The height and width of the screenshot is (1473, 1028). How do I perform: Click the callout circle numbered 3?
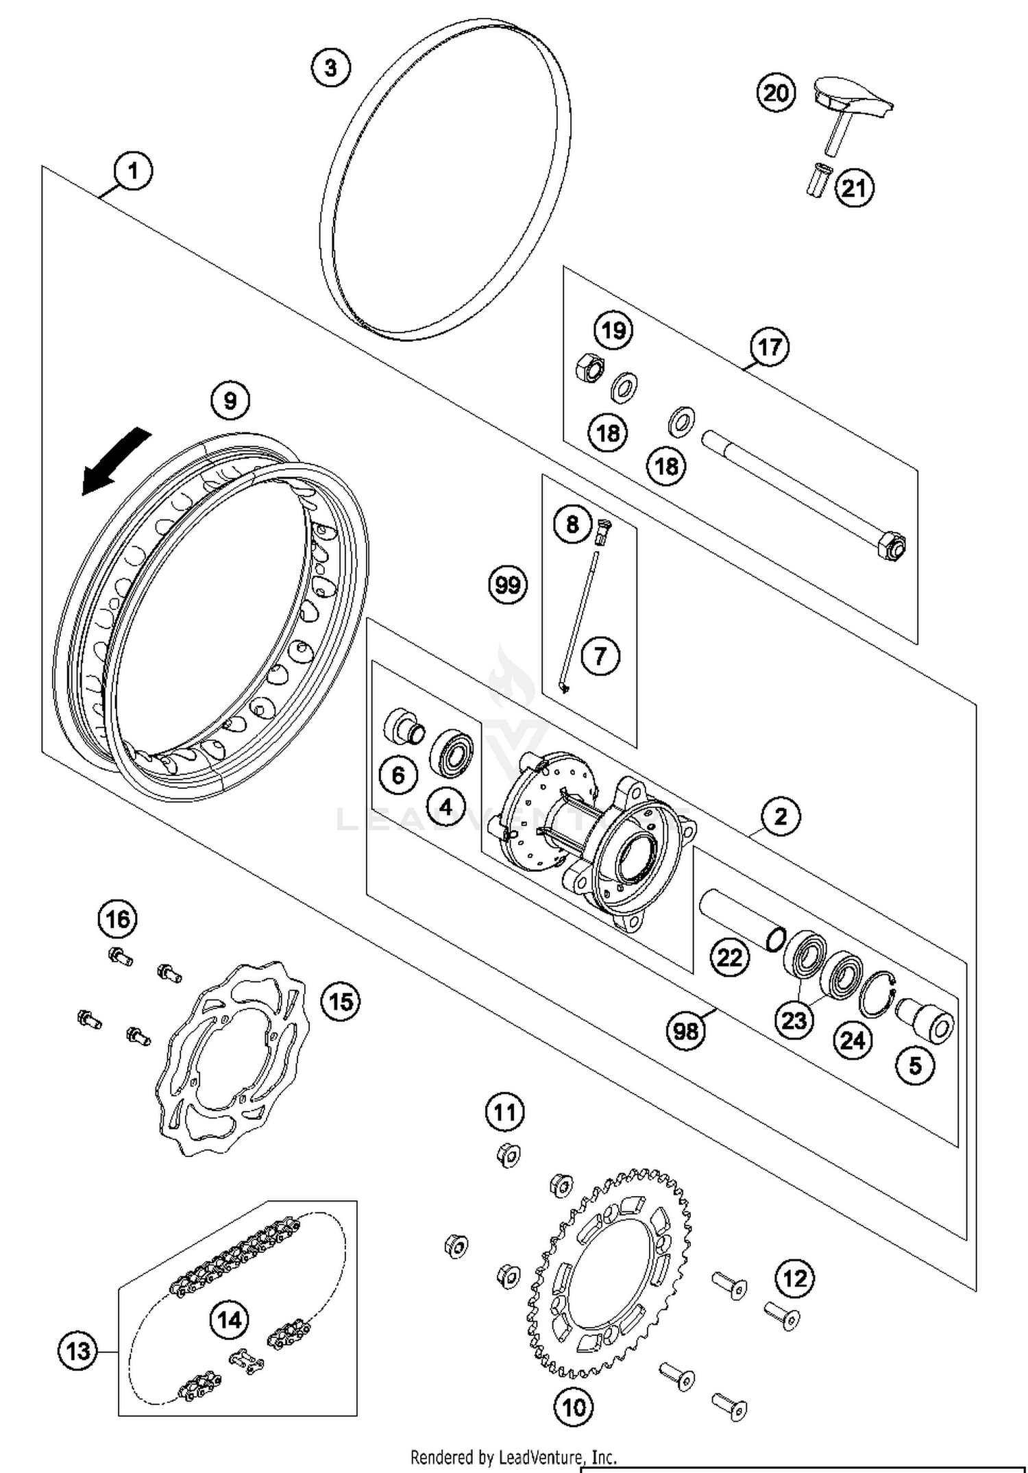(x=330, y=69)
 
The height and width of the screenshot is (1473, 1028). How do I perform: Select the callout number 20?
(x=776, y=93)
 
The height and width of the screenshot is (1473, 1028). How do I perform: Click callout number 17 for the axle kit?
(x=769, y=347)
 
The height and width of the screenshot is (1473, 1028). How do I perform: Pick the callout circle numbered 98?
(x=685, y=1030)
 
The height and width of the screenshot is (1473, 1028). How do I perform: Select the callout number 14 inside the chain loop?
(x=230, y=1319)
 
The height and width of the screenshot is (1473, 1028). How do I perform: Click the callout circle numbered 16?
(x=117, y=918)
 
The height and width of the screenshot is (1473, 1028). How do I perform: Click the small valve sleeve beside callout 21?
(x=818, y=180)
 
